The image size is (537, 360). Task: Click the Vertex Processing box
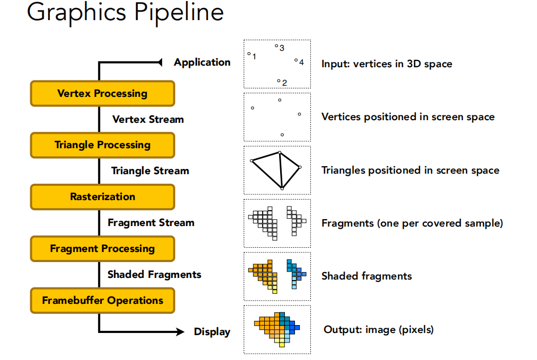tap(103, 93)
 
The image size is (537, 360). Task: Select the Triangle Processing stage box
tap(103, 145)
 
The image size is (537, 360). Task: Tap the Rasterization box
tap(103, 197)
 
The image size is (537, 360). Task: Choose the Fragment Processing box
tap(103, 249)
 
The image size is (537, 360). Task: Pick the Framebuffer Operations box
tap(103, 301)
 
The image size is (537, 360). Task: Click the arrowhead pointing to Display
tap(180, 331)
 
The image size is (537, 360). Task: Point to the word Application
tap(202, 62)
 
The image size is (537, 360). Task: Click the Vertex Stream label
tap(148, 120)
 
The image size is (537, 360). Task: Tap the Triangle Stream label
tap(150, 171)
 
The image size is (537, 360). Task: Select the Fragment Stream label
tap(151, 223)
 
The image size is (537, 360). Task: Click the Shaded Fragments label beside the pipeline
tap(155, 274)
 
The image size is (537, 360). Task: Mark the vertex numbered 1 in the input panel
tap(249, 53)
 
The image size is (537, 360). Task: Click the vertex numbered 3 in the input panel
tap(276, 46)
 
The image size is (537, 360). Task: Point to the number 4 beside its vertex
tap(301, 62)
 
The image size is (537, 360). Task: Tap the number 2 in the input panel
tap(284, 83)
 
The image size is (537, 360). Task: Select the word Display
tap(212, 332)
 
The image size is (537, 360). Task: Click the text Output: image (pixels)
tap(379, 329)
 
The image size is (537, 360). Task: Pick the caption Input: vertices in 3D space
tap(387, 64)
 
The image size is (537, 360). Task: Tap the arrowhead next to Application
tap(160, 62)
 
